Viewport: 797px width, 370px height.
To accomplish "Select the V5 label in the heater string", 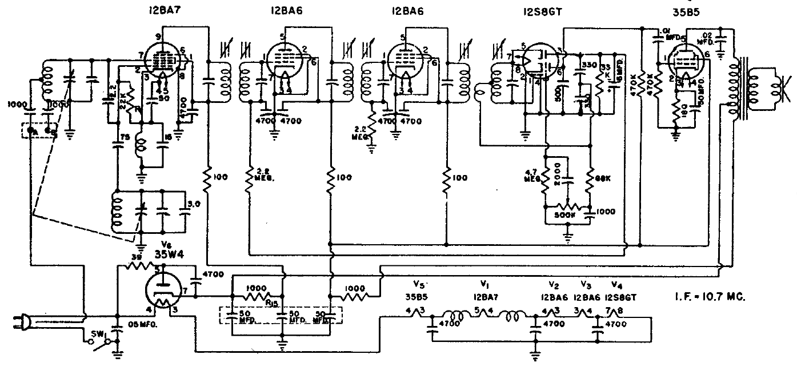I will point(420,284).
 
